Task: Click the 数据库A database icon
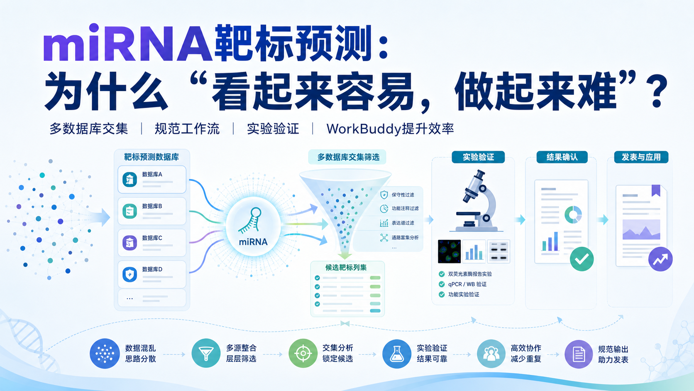(130, 180)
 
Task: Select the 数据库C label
(152, 238)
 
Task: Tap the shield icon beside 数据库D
(130, 274)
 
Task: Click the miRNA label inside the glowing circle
(253, 242)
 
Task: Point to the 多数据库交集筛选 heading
(348, 157)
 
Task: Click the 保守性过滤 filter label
(403, 195)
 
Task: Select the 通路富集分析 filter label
(405, 238)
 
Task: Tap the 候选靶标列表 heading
(346, 267)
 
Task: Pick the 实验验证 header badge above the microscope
(478, 157)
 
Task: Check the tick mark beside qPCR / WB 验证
(442, 284)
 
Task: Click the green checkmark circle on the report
(582, 259)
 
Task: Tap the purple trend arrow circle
(660, 259)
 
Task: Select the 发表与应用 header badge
(641, 157)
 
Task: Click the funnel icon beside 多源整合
(206, 353)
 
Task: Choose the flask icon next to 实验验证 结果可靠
(396, 354)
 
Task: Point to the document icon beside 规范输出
(579, 354)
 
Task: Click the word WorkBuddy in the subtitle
(364, 129)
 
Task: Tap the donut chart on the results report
(573, 214)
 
